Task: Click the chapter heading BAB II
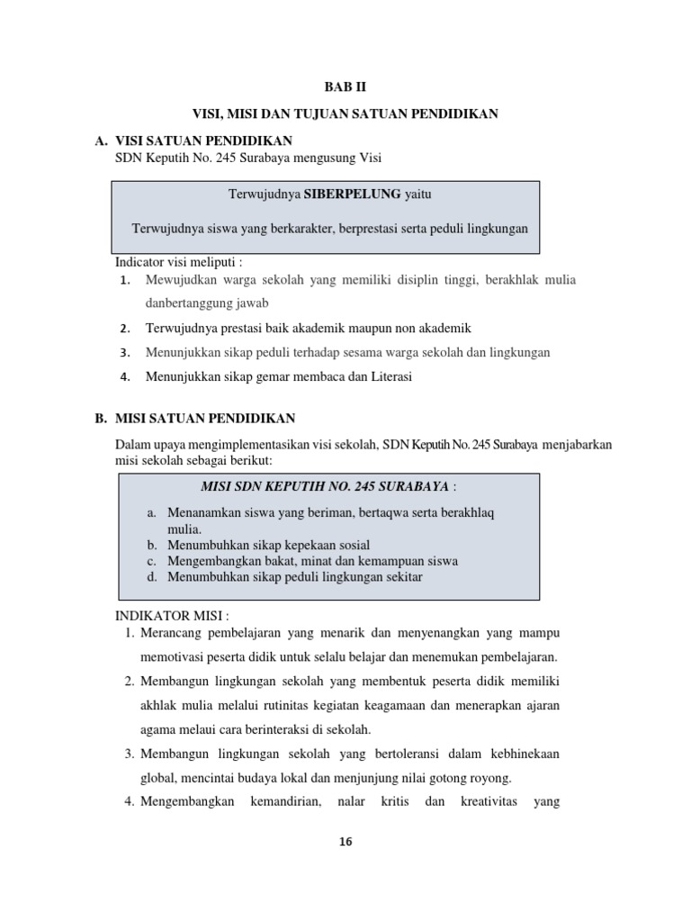point(345,87)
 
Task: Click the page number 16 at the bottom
point(345,842)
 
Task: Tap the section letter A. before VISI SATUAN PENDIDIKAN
point(101,141)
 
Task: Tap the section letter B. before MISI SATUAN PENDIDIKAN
point(101,419)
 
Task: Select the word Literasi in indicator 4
point(387,377)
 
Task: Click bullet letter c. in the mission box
point(152,560)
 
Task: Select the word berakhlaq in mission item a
point(467,512)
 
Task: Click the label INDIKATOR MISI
point(173,616)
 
